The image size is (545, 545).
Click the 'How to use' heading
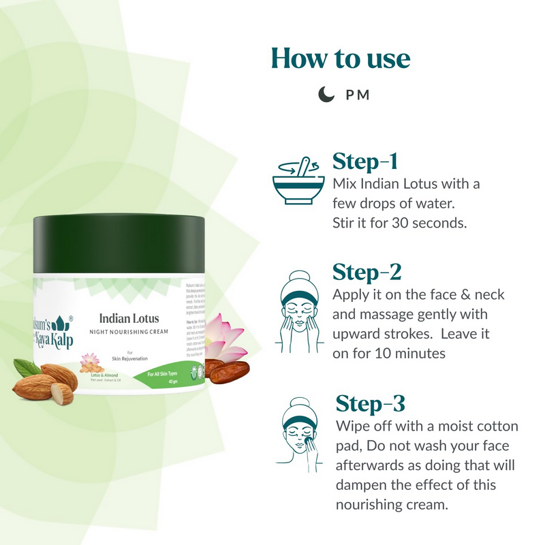pyautogui.click(x=341, y=59)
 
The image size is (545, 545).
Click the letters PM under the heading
pyautogui.click(x=358, y=95)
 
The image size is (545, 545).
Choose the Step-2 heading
pyautogui.click(x=367, y=272)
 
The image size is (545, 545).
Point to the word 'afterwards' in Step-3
pyautogui.click(x=369, y=465)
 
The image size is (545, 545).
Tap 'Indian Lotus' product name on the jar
pyautogui.click(x=129, y=317)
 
